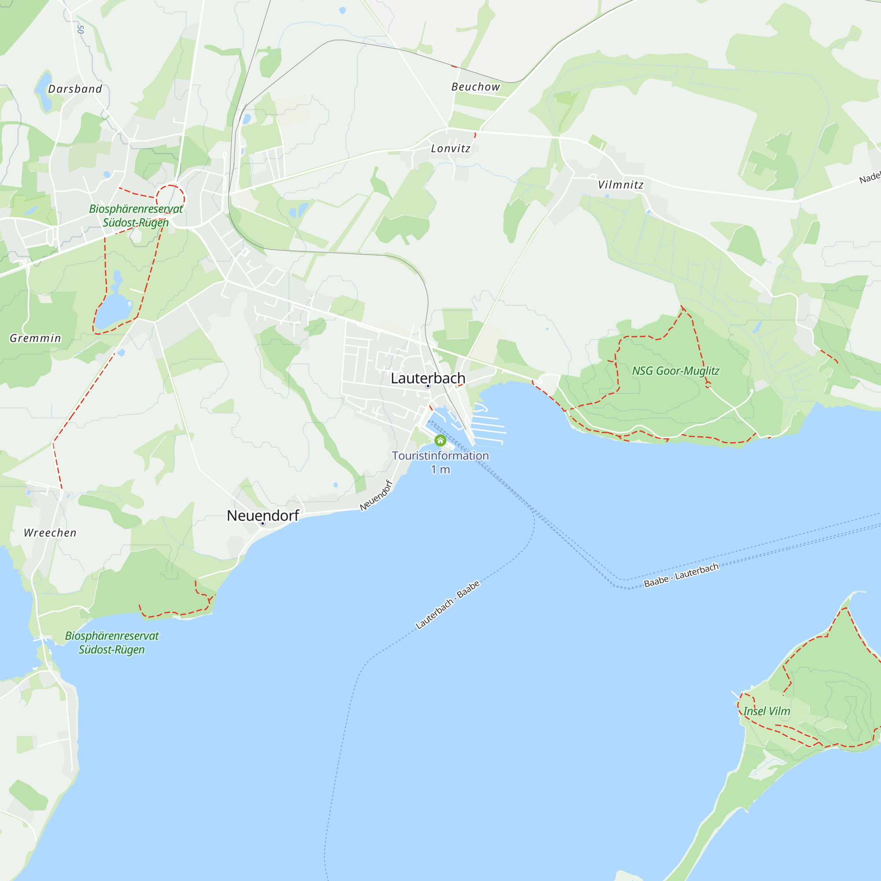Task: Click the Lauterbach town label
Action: (428, 378)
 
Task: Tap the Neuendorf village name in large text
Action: (263, 515)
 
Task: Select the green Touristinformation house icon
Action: (440, 440)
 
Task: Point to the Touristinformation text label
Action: (440, 455)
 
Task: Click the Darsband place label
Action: (75, 89)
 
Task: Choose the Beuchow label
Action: (476, 87)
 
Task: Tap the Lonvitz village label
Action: (451, 148)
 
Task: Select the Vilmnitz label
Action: (621, 185)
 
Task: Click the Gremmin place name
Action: (35, 338)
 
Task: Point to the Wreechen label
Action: (50, 533)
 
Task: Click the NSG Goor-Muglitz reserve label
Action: (675, 371)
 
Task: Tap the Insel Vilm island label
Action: (766, 711)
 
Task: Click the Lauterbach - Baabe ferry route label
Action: (448, 605)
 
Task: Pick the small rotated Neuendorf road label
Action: (376, 495)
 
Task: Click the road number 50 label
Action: (81, 29)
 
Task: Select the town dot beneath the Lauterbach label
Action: (428, 386)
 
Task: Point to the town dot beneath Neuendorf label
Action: (263, 523)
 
